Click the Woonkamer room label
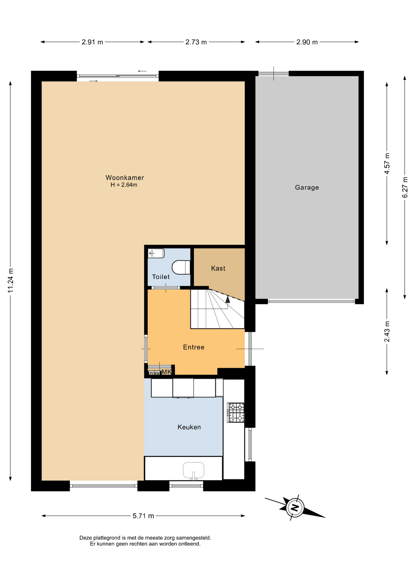(x=125, y=178)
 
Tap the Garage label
(x=307, y=187)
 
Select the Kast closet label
(x=218, y=268)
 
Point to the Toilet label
(x=161, y=277)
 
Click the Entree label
(x=194, y=347)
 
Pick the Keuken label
(x=189, y=427)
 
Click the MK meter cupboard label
(x=167, y=372)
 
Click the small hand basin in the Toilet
(x=156, y=253)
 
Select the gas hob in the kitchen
(x=236, y=413)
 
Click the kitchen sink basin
(x=193, y=470)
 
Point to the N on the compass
(x=295, y=508)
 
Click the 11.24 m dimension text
(x=11, y=280)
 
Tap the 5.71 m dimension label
(x=143, y=516)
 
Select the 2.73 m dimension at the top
(x=196, y=42)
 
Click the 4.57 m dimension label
(x=387, y=164)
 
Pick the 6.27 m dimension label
(x=405, y=187)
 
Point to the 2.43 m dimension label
(x=387, y=332)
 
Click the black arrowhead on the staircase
(x=227, y=299)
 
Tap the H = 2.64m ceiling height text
(x=124, y=185)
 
